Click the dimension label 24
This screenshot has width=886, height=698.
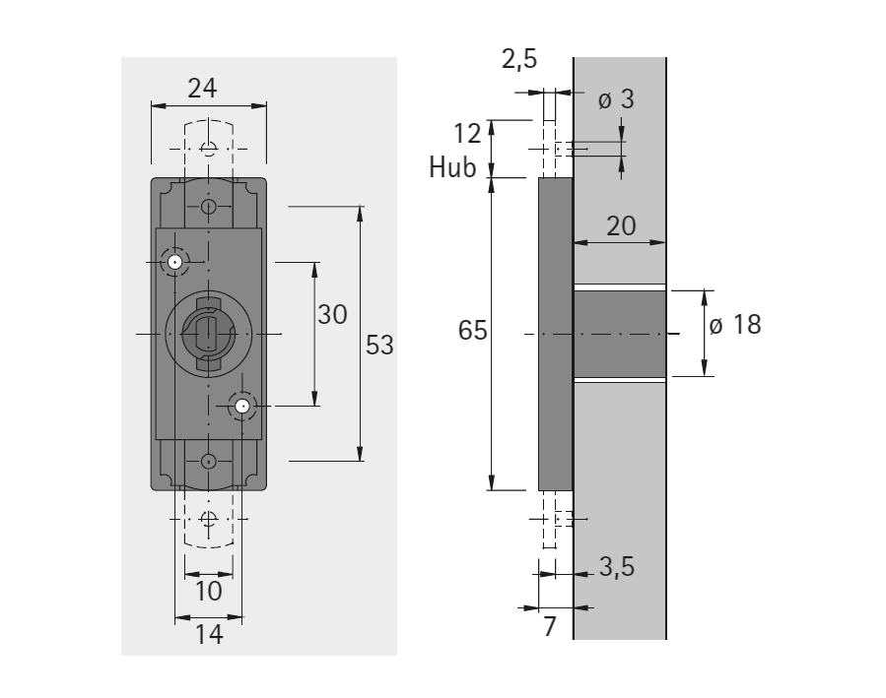pos(202,89)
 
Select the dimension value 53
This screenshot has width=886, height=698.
pos(379,345)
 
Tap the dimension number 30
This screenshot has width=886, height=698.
pos(332,314)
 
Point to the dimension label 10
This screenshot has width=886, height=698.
pos(209,591)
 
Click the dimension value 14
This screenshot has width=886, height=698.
pos(209,634)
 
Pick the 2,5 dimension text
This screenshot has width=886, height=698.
pos(519,59)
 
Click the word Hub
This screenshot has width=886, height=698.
pos(452,167)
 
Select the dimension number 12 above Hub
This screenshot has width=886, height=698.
pos(467,134)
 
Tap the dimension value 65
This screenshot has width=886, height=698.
pos(472,330)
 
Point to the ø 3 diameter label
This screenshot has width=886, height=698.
pos(617,99)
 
